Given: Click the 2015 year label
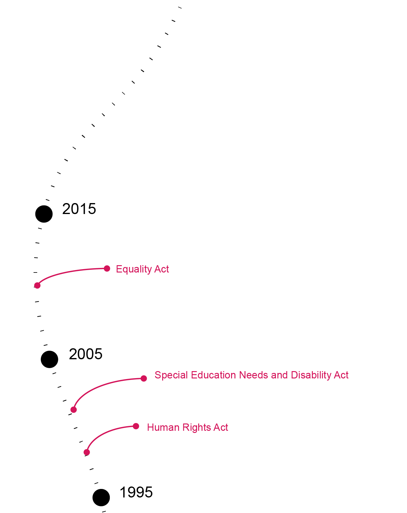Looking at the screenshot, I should [x=79, y=209].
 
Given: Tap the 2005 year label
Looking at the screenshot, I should [x=86, y=354].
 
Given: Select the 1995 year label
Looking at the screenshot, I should [x=136, y=492].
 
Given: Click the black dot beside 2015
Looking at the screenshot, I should [x=44, y=214].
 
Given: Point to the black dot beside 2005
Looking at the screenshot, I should [x=49, y=359].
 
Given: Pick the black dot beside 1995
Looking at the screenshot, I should [x=101, y=497].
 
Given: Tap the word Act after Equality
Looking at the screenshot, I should [x=162, y=269].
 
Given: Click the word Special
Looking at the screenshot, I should [x=171, y=375].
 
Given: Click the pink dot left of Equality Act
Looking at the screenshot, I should [x=107, y=269].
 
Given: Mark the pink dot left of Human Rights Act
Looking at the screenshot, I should [x=136, y=426].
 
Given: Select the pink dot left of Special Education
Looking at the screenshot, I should [x=144, y=378].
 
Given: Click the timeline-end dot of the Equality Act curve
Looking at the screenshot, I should [x=37, y=285].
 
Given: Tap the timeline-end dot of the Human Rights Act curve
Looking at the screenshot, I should [x=87, y=452].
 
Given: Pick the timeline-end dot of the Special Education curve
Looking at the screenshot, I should [x=73, y=410].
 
